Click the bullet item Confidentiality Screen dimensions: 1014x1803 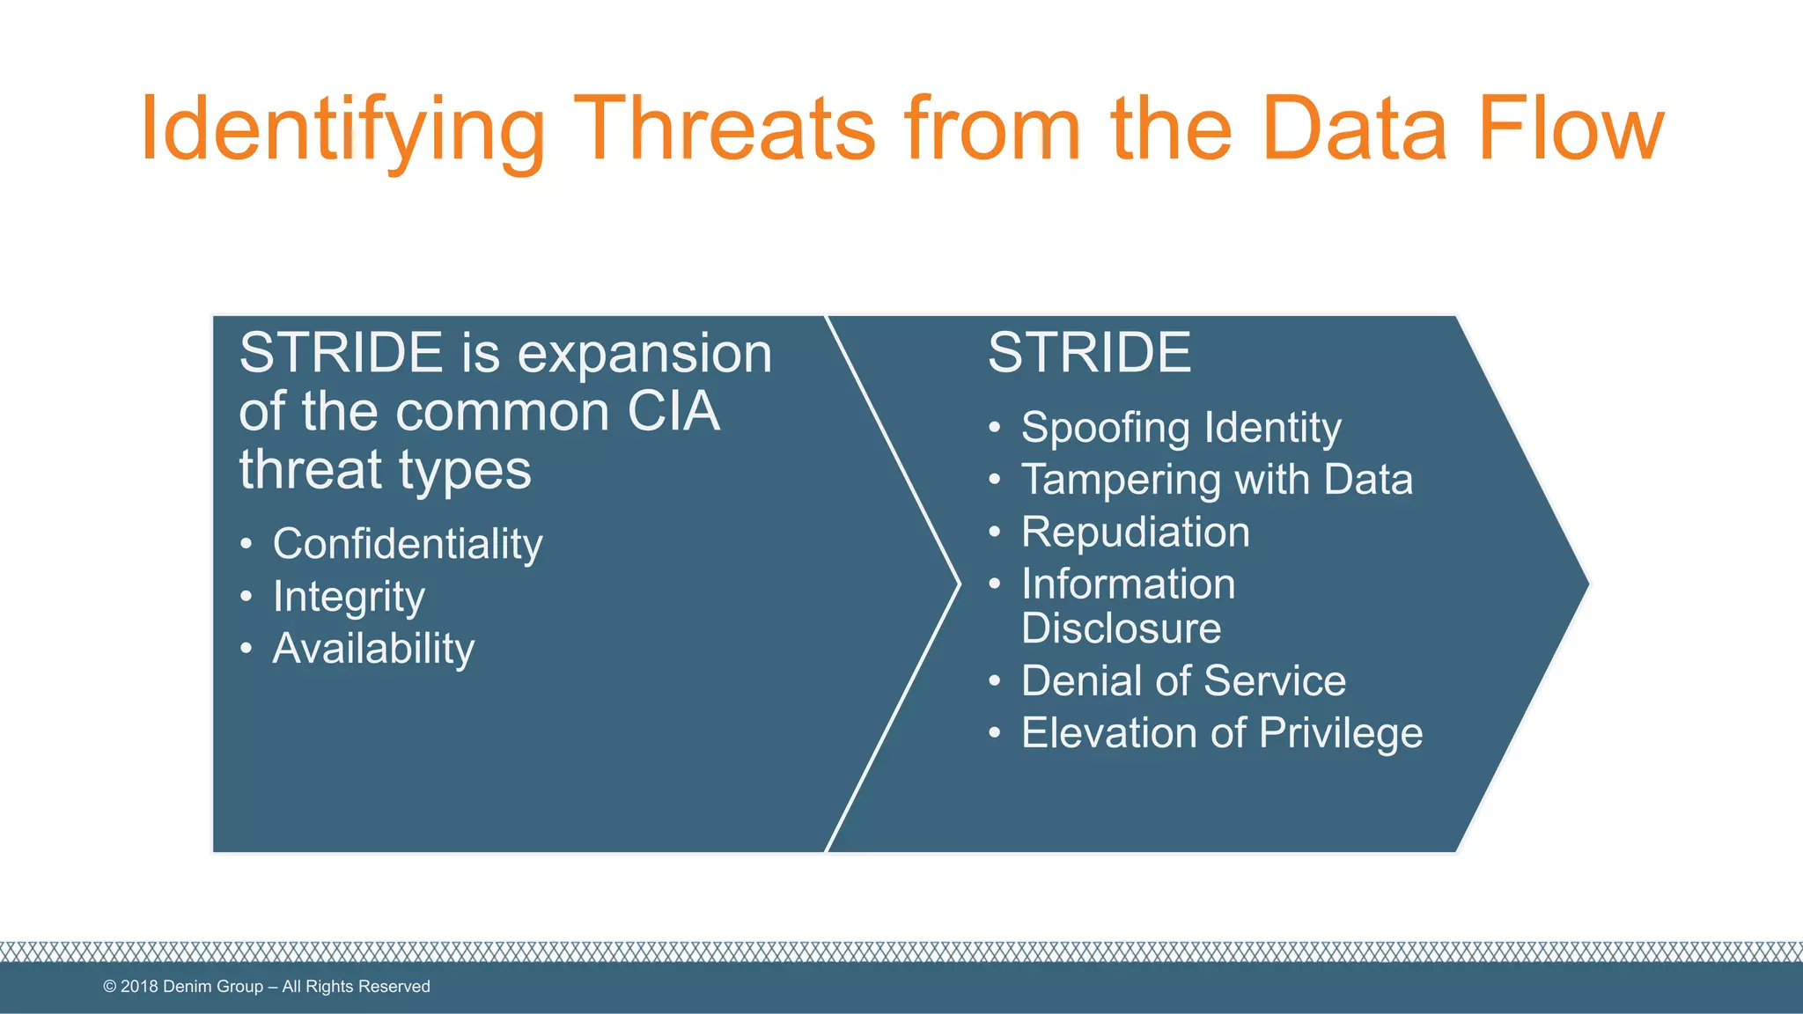point(407,544)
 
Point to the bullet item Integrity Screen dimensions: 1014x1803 point(349,597)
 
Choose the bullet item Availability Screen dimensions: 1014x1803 point(373,649)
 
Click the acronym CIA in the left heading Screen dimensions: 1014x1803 point(673,411)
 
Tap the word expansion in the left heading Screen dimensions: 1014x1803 point(644,354)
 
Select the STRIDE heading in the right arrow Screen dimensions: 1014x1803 point(1089,353)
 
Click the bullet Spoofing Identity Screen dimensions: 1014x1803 point(1181,428)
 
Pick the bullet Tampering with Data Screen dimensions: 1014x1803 point(1217,480)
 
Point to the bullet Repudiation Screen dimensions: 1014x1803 point(1135,532)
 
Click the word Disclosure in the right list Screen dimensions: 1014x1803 point(1121,628)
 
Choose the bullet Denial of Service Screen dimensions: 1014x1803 point(1183,680)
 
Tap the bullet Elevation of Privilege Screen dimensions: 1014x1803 point(1221,732)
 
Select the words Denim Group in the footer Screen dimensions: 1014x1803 point(213,987)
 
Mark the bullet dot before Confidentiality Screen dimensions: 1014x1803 point(247,544)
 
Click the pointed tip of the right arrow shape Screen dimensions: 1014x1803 point(1586,583)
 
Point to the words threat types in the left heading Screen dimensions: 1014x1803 point(385,469)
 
